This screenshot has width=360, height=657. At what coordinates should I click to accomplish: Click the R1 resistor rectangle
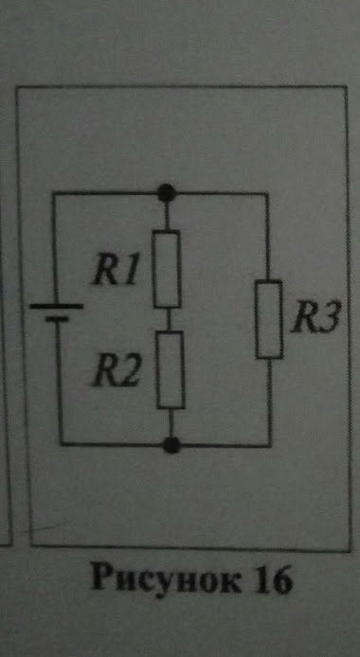[x=167, y=268]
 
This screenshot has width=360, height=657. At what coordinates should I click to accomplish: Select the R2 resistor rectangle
[x=171, y=370]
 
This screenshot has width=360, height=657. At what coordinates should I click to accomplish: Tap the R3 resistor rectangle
[x=270, y=319]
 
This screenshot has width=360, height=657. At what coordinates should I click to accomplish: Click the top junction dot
[x=166, y=194]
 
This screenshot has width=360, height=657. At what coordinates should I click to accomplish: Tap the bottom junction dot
[x=171, y=443]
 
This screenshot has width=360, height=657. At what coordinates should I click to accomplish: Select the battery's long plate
[x=56, y=307]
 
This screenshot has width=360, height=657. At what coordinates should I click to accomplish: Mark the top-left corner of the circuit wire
[x=54, y=194]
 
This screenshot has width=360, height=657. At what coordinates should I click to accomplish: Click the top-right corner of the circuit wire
[x=269, y=194]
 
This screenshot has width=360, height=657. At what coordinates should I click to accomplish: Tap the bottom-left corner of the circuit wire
[x=58, y=443]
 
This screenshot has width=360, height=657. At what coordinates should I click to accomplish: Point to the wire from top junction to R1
[x=166, y=215]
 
